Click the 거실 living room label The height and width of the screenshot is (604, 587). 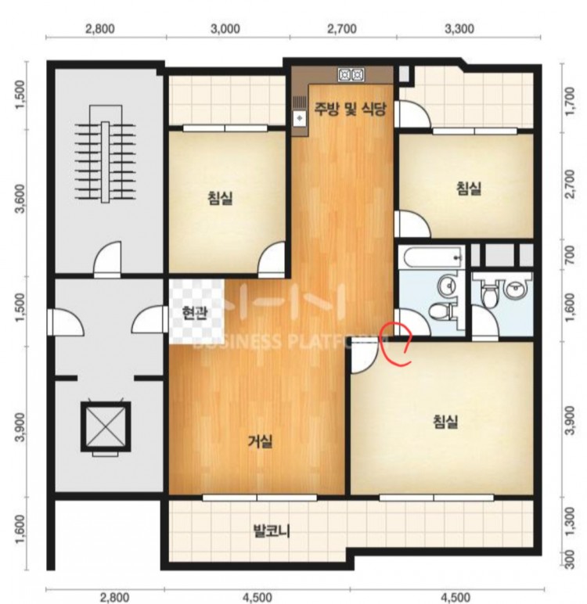click(260, 441)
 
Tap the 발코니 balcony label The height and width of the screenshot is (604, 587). click(272, 531)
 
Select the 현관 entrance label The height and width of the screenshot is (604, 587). click(195, 314)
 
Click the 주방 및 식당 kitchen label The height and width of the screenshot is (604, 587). click(350, 110)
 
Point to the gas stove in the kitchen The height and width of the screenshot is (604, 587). click(351, 74)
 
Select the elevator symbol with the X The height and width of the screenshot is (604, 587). click(106, 427)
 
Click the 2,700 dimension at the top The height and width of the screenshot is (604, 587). click(341, 29)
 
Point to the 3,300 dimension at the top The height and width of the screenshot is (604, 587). click(459, 29)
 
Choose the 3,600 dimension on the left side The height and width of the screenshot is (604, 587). click(20, 199)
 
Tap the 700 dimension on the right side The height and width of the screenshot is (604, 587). click(569, 255)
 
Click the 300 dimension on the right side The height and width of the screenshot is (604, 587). click(570, 559)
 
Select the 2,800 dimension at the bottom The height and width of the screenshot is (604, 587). click(114, 598)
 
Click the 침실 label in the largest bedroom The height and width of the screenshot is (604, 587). click(446, 422)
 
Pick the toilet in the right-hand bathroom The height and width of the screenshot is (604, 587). click(489, 297)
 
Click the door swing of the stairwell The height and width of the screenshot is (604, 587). click(108, 257)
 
